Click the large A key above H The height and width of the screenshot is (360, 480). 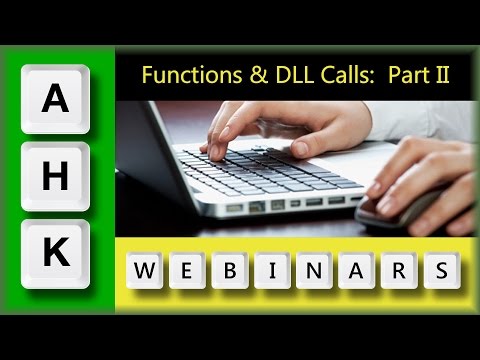coord(57,99)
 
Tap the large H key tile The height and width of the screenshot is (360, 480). coord(57,176)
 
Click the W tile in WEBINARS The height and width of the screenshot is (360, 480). coord(146,271)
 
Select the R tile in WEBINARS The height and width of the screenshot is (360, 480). coord(399,271)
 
